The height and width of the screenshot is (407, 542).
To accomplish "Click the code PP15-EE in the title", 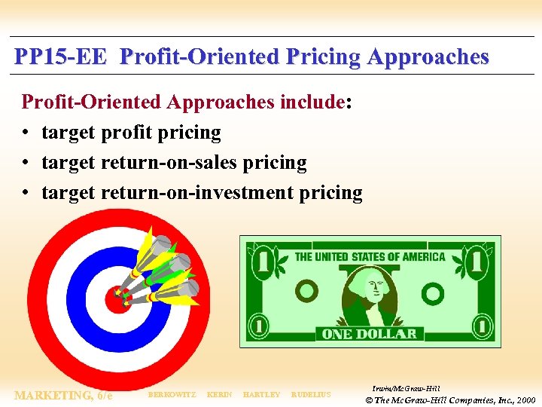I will coord(60,57).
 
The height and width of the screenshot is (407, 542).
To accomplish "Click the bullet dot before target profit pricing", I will coord(26,133).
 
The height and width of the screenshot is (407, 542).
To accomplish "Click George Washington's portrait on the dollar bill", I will coord(369,295).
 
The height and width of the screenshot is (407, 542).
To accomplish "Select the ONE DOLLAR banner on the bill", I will coord(369,334).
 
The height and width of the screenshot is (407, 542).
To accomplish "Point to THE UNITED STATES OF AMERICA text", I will coord(370,257).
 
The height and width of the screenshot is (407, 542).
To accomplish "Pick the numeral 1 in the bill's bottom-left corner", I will coord(259,327).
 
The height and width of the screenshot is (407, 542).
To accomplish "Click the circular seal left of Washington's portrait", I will coord(306,290).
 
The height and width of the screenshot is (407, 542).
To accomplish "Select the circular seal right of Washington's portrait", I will coord(432,292).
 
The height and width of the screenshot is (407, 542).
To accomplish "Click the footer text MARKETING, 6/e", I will coord(64,395).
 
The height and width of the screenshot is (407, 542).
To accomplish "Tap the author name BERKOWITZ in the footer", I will coord(172,395).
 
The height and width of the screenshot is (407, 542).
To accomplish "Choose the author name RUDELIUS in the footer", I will coord(311,395).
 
